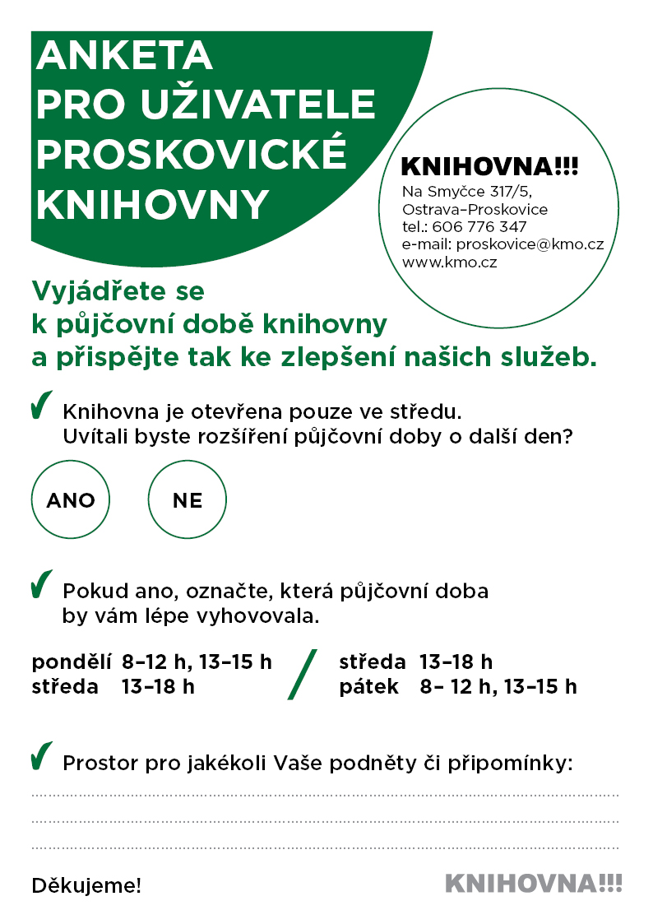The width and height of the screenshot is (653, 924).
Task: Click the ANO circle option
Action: click(x=71, y=500)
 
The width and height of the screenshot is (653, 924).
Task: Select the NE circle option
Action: click(x=188, y=500)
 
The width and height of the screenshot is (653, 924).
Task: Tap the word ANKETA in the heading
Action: click(x=124, y=57)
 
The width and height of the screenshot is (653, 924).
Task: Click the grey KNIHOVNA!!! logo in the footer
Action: click(x=533, y=885)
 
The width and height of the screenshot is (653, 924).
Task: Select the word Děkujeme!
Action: click(x=86, y=886)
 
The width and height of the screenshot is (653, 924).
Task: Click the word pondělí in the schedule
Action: click(x=72, y=662)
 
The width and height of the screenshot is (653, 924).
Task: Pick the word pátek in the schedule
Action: click(x=369, y=686)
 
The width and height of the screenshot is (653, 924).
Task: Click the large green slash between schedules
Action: click(x=302, y=674)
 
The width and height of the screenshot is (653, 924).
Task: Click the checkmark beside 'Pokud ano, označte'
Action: click(x=41, y=583)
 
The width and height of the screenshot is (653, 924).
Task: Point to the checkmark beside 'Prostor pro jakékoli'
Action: click(x=41, y=756)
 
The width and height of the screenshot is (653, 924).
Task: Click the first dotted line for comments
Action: click(x=325, y=796)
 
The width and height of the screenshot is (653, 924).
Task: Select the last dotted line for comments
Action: click(x=325, y=847)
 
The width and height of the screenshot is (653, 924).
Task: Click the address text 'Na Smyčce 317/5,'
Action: click(x=468, y=192)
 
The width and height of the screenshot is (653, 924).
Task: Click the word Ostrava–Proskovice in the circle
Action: click(x=475, y=210)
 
